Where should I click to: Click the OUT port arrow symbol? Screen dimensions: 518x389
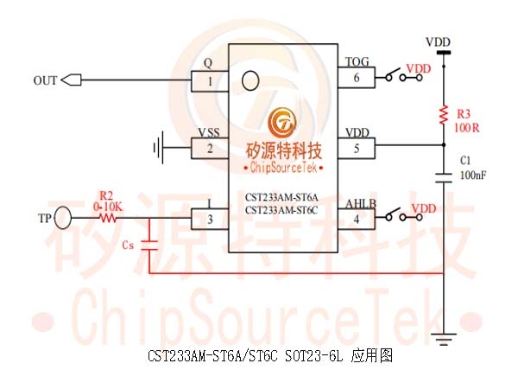72,80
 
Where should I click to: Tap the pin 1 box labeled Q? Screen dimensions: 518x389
210,81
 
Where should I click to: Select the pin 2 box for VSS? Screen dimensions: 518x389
210,149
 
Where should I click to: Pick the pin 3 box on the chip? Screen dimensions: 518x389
210,219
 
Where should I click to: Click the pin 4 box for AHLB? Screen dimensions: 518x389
356,219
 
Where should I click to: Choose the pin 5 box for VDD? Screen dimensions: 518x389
356,148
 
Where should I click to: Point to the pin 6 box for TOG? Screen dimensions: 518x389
356,78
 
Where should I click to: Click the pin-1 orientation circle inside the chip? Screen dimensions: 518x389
250,80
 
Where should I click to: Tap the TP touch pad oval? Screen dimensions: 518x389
62,218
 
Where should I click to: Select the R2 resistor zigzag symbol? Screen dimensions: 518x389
107,218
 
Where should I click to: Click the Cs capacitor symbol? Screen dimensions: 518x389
149,246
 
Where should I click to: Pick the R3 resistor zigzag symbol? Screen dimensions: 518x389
444,115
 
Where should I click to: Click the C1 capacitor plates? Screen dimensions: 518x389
444,177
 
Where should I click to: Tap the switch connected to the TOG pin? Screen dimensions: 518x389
404,75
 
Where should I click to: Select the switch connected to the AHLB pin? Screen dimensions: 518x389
404,215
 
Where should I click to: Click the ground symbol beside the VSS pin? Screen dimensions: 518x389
158,148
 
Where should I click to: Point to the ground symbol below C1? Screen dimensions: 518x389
444,340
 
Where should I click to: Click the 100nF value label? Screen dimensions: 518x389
473,175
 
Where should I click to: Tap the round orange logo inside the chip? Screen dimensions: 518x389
281,122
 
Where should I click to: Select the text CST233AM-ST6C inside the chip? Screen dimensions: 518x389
281,210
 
